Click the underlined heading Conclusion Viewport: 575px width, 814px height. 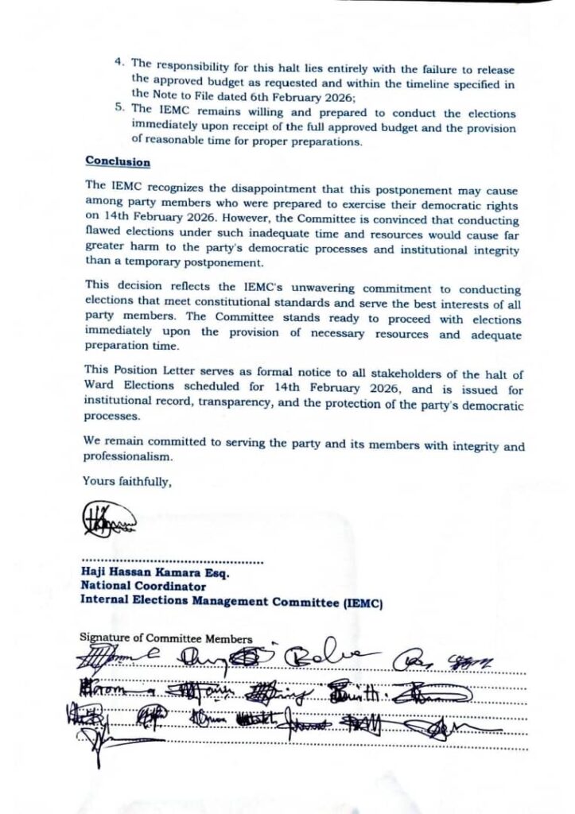click(117, 161)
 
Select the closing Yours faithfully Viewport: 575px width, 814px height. click(126, 480)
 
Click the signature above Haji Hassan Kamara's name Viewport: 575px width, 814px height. click(109, 521)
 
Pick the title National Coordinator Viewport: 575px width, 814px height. click(143, 586)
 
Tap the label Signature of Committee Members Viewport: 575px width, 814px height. click(166, 638)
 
